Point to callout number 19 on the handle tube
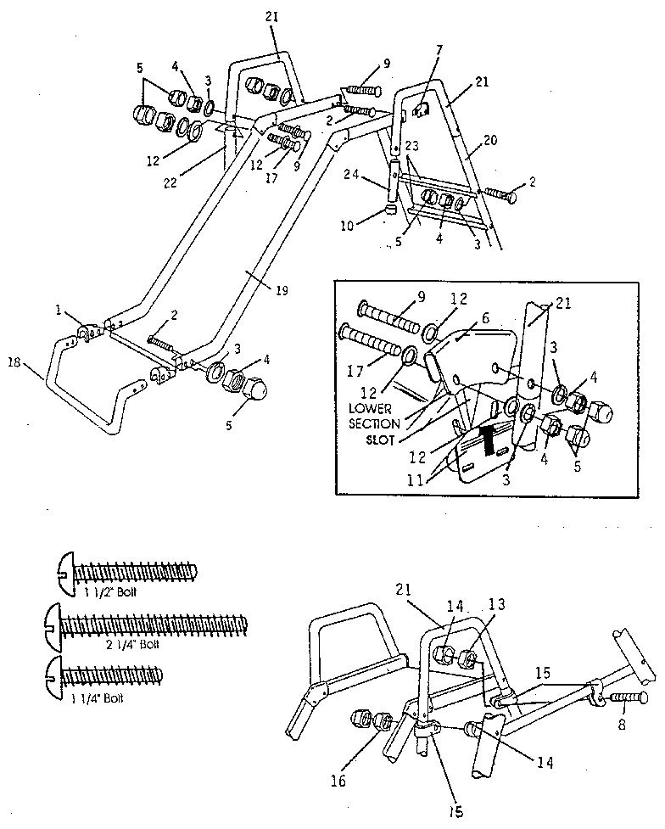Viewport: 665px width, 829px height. click(282, 290)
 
